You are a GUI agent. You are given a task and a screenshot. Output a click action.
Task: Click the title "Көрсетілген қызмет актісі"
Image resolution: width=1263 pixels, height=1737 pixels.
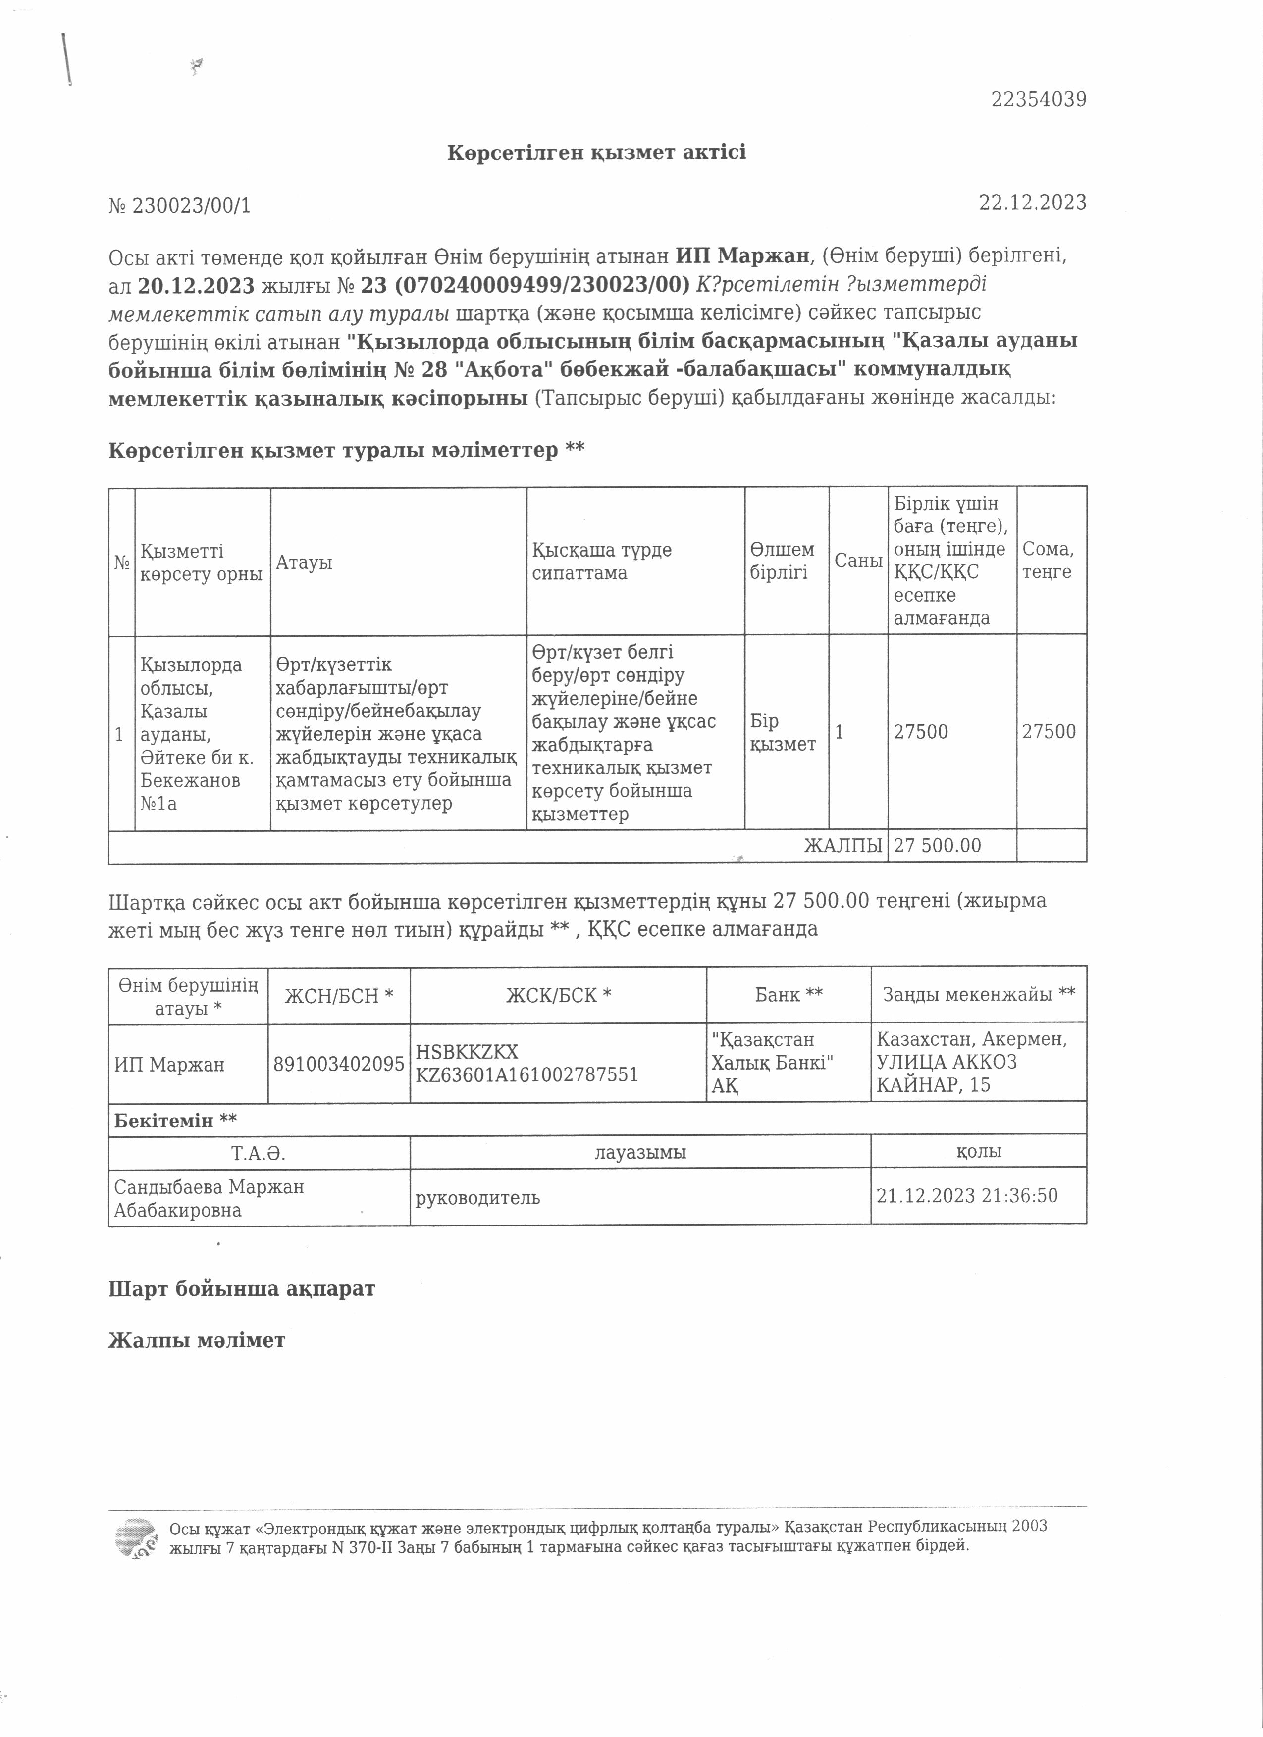[596, 153]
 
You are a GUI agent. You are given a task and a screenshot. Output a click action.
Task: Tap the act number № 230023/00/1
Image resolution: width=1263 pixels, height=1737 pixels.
[179, 205]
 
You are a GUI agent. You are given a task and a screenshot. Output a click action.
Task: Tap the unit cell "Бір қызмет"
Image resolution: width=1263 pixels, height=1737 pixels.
[782, 732]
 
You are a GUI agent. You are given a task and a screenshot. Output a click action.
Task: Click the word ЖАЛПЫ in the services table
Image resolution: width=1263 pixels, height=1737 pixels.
[842, 846]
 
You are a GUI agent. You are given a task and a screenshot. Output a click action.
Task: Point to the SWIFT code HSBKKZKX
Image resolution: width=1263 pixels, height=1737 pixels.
[467, 1052]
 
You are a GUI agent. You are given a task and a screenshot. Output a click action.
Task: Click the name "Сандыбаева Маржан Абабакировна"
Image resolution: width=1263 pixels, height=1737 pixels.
[209, 1198]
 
